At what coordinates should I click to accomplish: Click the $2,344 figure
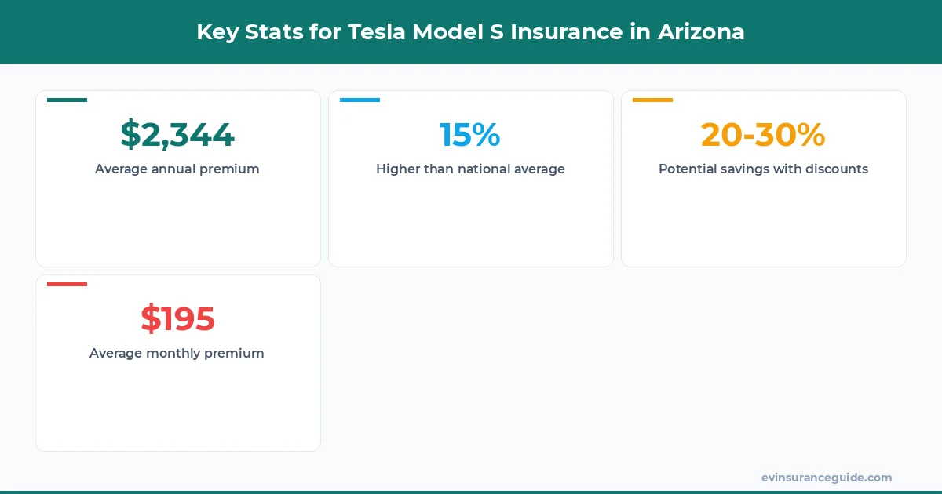coord(177,135)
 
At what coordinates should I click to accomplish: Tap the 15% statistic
coord(469,135)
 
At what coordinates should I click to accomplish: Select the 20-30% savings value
coord(763,135)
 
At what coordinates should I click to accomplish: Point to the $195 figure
coord(177,319)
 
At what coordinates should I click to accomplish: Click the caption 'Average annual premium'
coord(177,169)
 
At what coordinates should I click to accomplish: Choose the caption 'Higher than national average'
coord(470,169)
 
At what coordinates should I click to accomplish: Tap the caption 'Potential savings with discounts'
coord(763,169)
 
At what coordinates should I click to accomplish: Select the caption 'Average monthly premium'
coord(177,353)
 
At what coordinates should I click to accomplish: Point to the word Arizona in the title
coord(701,32)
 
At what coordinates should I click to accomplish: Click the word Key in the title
coord(214,32)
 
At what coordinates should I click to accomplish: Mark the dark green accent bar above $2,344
coord(67,100)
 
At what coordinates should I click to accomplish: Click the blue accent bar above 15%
coord(360,100)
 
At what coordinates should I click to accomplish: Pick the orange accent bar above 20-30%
coord(652,100)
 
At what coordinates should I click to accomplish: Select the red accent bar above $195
coord(67,284)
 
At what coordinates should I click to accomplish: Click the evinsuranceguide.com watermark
coord(826,478)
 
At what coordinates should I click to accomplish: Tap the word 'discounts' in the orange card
coord(837,169)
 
